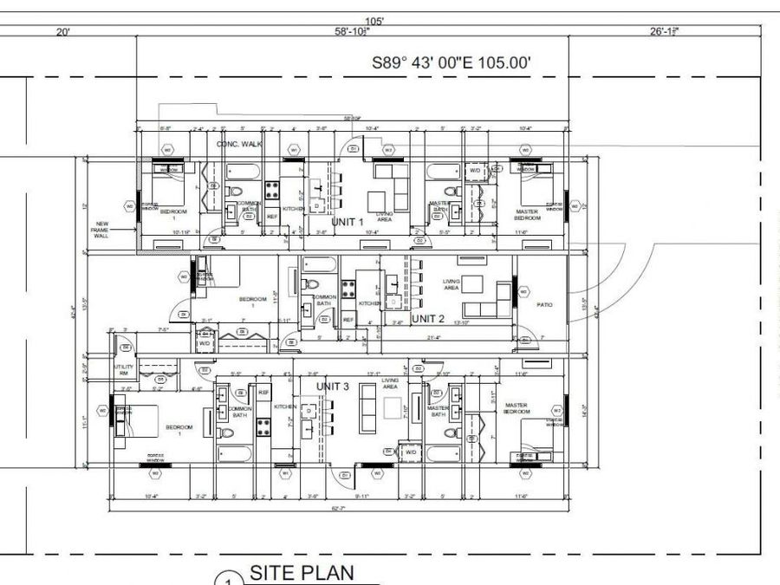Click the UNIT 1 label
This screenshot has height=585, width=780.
[346, 223]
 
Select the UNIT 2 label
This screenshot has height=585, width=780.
[427, 319]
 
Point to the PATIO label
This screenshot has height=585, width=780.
[545, 304]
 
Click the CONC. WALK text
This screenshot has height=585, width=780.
[239, 144]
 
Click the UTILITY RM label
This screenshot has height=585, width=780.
[123, 370]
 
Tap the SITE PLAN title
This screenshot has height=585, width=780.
[302, 573]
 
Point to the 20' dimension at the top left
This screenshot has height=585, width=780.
[63, 32]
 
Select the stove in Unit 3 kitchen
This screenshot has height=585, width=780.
[264, 425]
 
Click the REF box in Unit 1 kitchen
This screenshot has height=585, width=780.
[271, 216]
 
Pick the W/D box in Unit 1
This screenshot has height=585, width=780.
[475, 171]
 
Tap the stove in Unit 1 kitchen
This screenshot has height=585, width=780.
[271, 186]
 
